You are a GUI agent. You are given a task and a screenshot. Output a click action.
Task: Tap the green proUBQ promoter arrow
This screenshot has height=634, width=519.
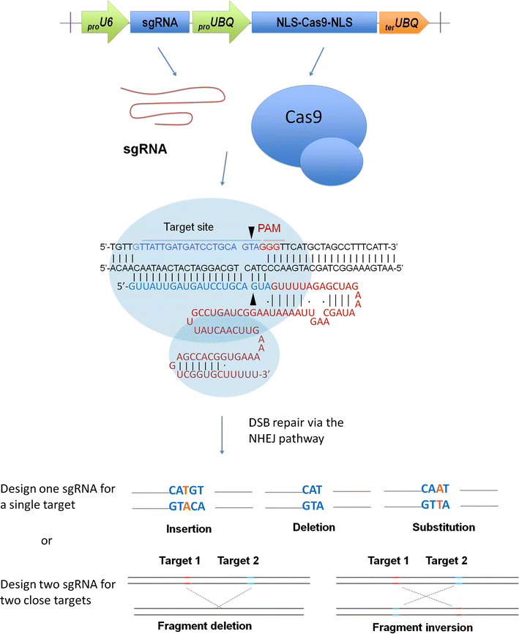(x=218, y=25)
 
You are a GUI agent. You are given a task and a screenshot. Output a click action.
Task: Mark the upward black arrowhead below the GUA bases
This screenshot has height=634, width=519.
(x=253, y=300)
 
